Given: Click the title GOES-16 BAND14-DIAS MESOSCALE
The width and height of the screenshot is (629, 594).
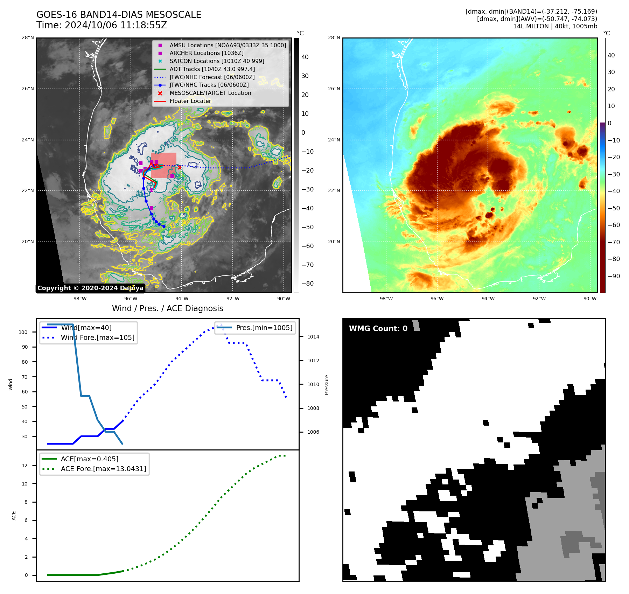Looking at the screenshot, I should (x=119, y=15).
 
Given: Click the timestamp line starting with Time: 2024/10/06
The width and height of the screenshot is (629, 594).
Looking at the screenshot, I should (x=102, y=25).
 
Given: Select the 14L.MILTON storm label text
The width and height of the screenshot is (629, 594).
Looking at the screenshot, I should (x=555, y=26).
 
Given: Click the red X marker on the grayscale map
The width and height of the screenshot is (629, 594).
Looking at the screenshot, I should (x=180, y=167).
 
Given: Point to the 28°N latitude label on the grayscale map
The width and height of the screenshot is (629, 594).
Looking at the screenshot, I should (x=28, y=37).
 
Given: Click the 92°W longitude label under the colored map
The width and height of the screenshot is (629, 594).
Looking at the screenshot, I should (x=539, y=299).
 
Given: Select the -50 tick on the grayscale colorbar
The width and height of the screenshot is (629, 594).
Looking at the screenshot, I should (x=308, y=227).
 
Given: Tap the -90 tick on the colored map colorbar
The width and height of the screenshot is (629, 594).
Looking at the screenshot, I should (x=614, y=276).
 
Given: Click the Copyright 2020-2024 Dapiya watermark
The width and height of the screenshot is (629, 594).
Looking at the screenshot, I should (x=90, y=288).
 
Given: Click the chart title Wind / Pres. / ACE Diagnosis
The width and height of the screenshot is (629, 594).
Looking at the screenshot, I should (x=167, y=308).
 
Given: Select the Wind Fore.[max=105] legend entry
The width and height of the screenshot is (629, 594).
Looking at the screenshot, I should (x=98, y=337).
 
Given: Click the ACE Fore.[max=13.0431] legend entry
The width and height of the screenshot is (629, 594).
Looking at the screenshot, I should (x=103, y=469).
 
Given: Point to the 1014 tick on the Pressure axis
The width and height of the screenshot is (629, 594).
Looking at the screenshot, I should (x=313, y=337).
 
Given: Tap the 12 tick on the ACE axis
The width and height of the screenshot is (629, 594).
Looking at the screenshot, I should (x=25, y=466).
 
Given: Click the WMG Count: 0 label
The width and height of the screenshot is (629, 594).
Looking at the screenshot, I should (x=378, y=328).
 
